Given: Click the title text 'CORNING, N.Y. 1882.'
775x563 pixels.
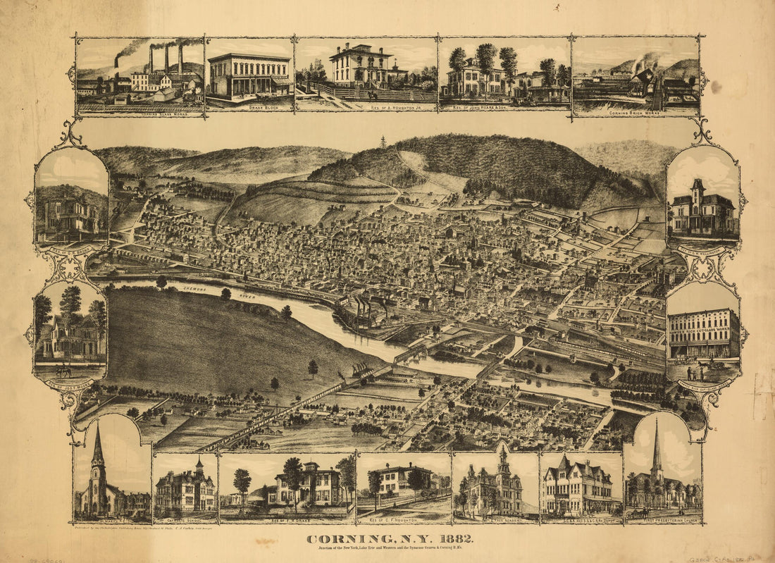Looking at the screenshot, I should tap(390, 539).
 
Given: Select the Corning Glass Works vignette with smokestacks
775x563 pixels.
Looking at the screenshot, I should tap(140, 75).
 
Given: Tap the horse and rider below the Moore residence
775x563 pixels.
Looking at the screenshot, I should tap(63, 370).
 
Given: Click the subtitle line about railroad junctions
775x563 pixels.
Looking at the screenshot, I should tap(390, 550).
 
